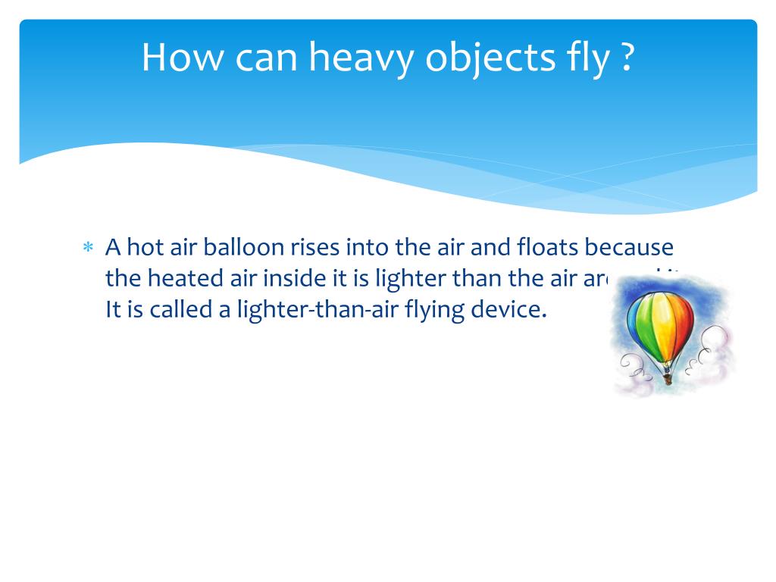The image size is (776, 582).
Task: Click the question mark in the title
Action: coord(626,58)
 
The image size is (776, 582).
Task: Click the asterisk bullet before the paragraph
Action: coord(87,249)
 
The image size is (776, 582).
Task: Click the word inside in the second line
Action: coord(292,278)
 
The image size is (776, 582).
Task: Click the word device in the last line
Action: coord(519,310)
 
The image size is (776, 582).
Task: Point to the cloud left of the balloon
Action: coord(635,371)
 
